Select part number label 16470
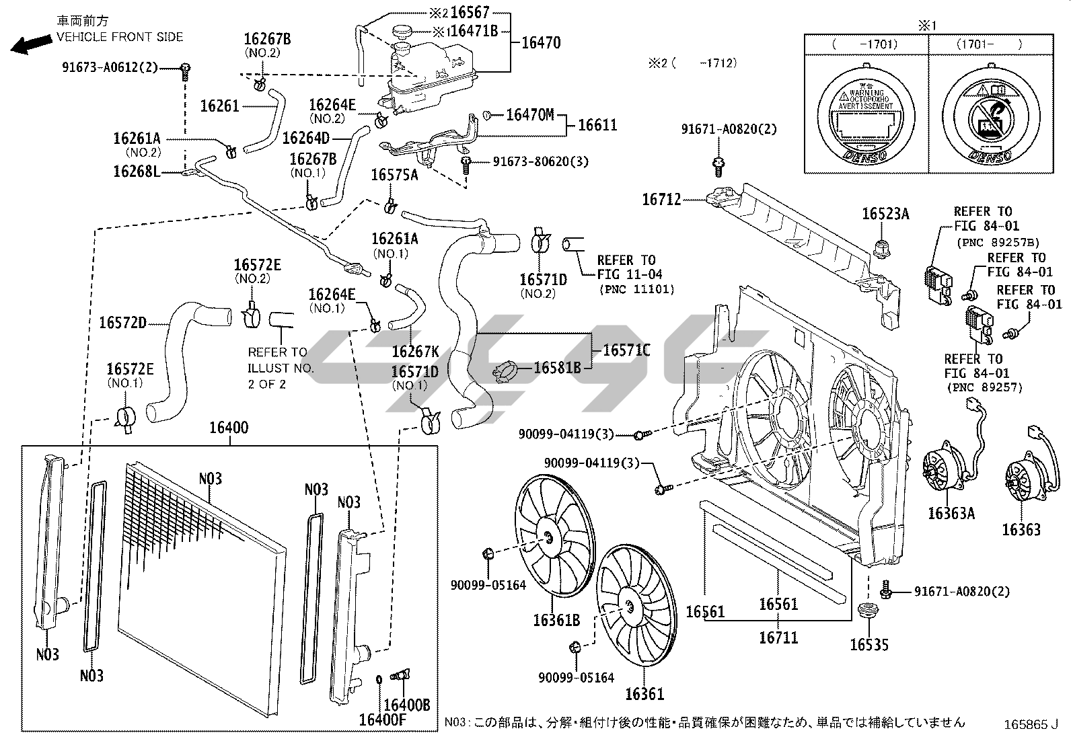(x=541, y=43)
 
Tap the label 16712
(x=661, y=199)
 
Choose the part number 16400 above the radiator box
(x=229, y=428)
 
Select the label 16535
(x=869, y=645)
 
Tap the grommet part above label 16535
(x=870, y=612)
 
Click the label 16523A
(x=885, y=214)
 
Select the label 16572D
(x=122, y=323)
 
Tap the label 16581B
(x=558, y=368)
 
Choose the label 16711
(x=778, y=637)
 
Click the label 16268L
(x=137, y=171)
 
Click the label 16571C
(x=626, y=350)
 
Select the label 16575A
(x=394, y=175)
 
